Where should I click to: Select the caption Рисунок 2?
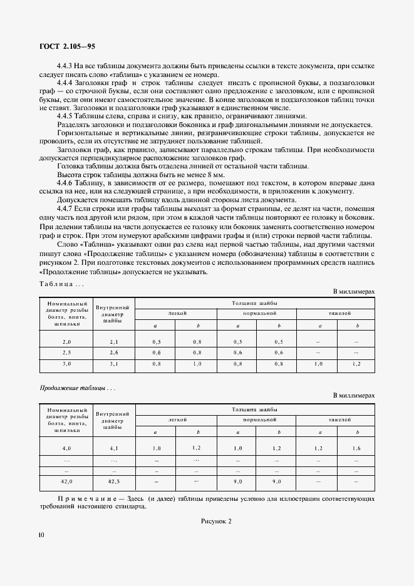pos(215,521)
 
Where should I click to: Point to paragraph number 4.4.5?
pos(65,116)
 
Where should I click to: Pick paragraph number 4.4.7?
pos(65,207)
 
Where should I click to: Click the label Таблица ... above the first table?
pos(61,284)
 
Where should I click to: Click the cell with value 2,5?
pos(66,352)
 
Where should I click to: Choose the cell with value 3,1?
pos(113,363)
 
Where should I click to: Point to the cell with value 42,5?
pos(113,481)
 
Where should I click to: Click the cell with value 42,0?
pos(66,481)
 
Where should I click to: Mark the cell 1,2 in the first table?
pos(357,363)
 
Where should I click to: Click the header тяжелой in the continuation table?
pos(338,418)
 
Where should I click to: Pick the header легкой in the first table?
pos(177,312)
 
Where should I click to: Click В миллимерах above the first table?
pos(354,292)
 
